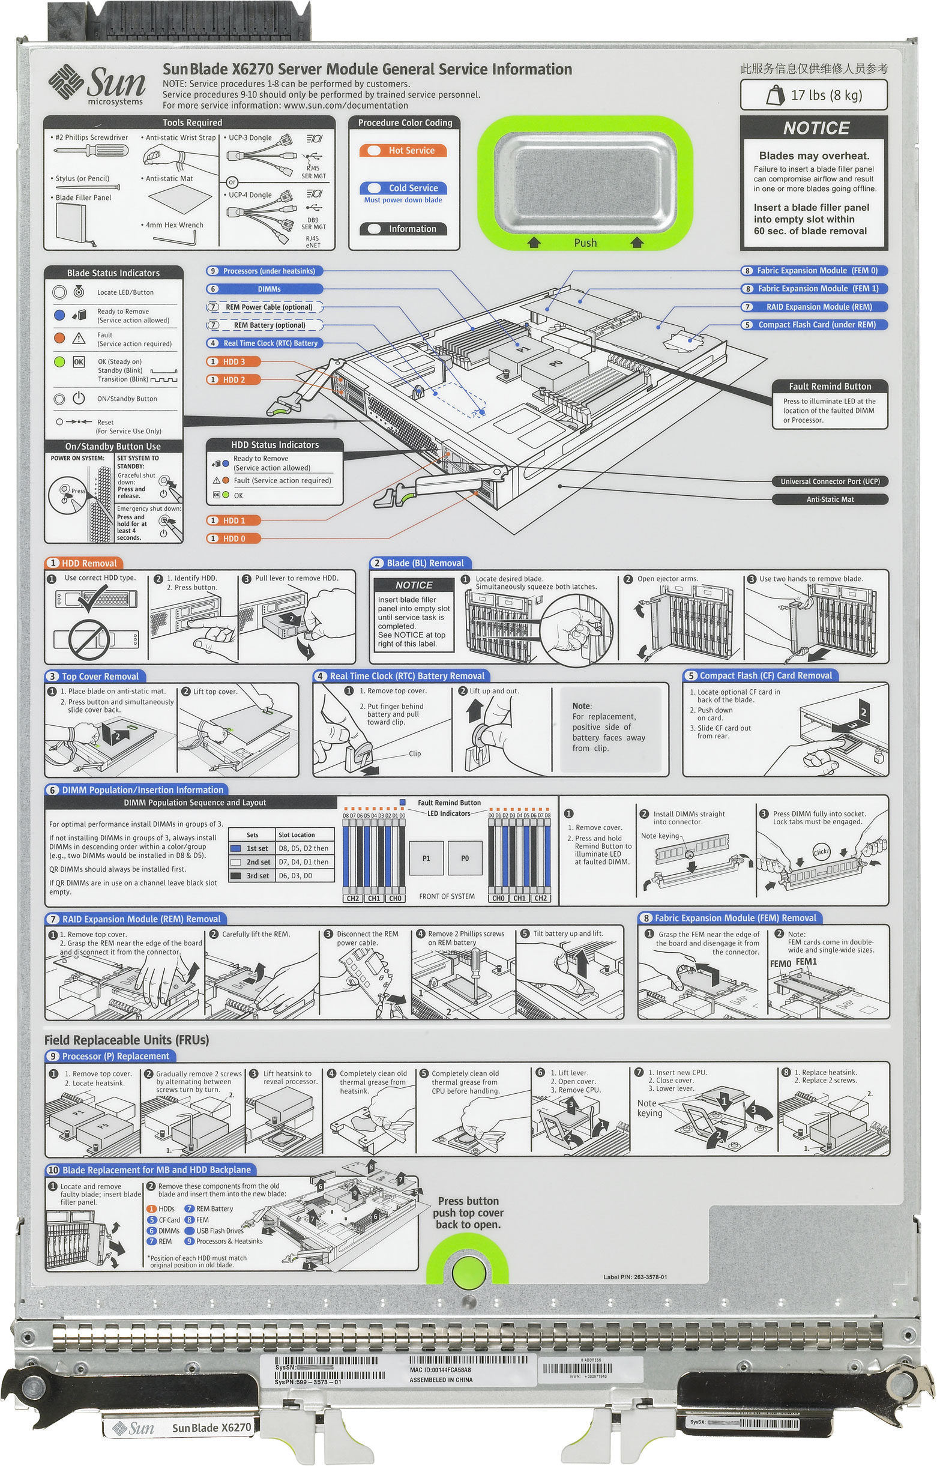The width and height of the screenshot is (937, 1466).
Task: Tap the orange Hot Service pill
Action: pyautogui.click(x=402, y=150)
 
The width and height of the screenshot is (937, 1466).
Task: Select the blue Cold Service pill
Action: pyautogui.click(x=402, y=188)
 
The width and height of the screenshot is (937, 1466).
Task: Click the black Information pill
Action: pyautogui.click(x=402, y=229)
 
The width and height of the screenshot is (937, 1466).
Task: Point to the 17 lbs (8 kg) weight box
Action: pyautogui.click(x=813, y=95)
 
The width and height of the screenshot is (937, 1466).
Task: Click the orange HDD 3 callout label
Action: pyautogui.click(x=233, y=361)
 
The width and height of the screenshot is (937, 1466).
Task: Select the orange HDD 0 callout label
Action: pyautogui.click(x=233, y=538)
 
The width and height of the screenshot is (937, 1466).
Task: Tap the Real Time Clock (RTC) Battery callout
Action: pyautogui.click(x=264, y=343)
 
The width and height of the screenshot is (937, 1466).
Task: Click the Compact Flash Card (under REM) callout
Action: pyautogui.click(x=813, y=325)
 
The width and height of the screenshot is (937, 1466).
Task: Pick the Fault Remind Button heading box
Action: pyautogui.click(x=829, y=387)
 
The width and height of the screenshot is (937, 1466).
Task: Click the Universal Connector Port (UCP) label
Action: pyautogui.click(x=829, y=481)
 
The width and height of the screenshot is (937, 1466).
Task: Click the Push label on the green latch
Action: pyautogui.click(x=585, y=243)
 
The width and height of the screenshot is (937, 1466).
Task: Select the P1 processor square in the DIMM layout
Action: pyautogui.click(x=426, y=858)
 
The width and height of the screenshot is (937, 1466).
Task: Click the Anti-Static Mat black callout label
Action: pyautogui.click(x=829, y=500)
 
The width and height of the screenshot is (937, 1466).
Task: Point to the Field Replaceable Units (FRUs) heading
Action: pyautogui.click(x=127, y=1040)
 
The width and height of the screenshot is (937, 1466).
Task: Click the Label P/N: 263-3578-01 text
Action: pyautogui.click(x=634, y=1277)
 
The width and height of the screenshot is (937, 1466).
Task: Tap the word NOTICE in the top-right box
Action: pyautogui.click(x=816, y=128)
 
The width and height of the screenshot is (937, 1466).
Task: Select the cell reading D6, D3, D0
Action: pyautogui.click(x=303, y=875)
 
